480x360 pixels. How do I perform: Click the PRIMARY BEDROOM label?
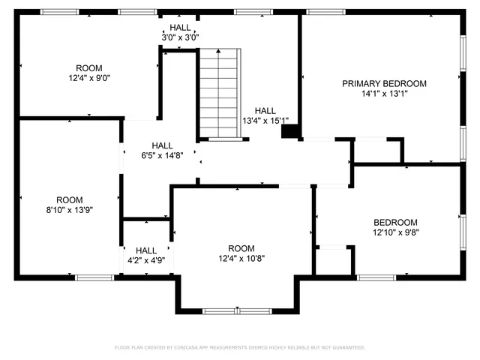pyautogui.click(x=384, y=83)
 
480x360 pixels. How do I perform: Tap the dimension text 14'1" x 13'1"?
pyautogui.click(x=384, y=94)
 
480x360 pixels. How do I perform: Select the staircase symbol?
pyautogui.click(x=220, y=93)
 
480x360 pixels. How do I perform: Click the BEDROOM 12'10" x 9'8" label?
pyautogui.click(x=395, y=223)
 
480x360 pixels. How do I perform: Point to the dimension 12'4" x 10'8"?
pyautogui.click(x=241, y=259)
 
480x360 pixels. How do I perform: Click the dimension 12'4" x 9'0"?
pyautogui.click(x=89, y=77)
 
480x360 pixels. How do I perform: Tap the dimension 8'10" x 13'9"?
pyautogui.click(x=69, y=211)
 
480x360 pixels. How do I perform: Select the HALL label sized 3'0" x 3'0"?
pyautogui.click(x=180, y=28)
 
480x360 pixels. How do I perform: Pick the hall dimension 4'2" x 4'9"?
pyautogui.click(x=146, y=261)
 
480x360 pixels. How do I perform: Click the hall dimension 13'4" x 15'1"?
pyautogui.click(x=265, y=120)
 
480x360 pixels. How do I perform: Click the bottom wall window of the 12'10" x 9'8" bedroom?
pyautogui.click(x=376, y=277)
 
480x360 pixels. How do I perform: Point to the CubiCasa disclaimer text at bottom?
pyautogui.click(x=240, y=347)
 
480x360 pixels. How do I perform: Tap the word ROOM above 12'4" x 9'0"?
pyautogui.click(x=89, y=67)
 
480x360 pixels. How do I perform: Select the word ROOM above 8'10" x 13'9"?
pyautogui.click(x=69, y=199)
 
